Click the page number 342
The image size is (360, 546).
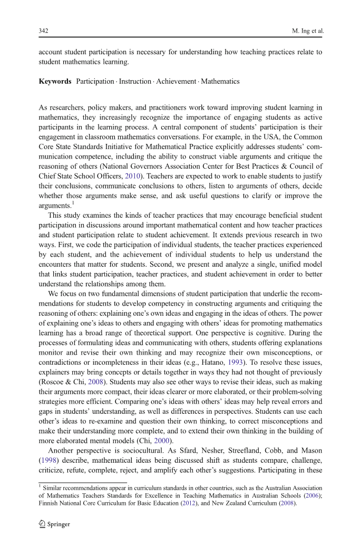click(44, 31)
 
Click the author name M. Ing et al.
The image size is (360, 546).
click(307, 31)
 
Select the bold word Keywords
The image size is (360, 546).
click(55, 81)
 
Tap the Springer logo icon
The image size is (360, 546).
click(42, 524)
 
